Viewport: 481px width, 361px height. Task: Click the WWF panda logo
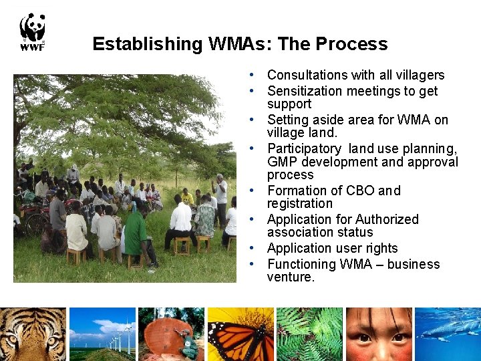(x=32, y=31)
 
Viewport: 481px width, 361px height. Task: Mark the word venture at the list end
(x=290, y=277)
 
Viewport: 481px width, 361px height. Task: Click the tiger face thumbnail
(x=33, y=334)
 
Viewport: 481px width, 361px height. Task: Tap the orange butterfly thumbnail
(x=240, y=334)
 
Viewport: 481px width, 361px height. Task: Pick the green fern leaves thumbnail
(x=309, y=334)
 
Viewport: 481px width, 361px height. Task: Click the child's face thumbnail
(x=379, y=334)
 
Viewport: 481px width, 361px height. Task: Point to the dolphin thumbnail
(x=448, y=334)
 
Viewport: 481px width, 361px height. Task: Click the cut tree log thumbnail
(x=172, y=334)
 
